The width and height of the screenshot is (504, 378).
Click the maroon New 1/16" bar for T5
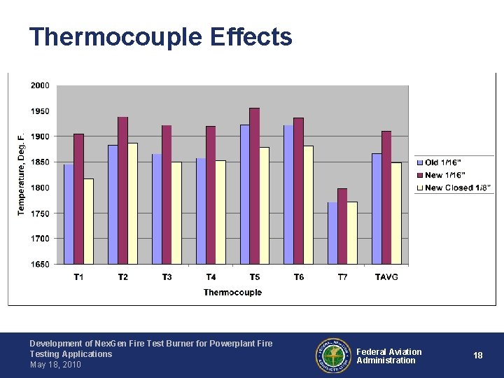[x=255, y=186]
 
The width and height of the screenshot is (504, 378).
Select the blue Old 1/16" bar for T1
[x=69, y=214]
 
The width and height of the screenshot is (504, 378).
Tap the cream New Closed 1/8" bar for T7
[x=352, y=233]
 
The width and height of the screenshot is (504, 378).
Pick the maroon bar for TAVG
[x=386, y=197]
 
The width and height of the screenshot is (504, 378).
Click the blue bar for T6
[x=288, y=195]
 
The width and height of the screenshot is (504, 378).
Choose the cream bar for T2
[x=132, y=204]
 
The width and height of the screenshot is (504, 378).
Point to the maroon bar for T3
[x=167, y=195]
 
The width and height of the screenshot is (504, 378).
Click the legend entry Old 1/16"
[x=439, y=162]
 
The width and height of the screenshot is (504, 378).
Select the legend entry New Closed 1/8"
[x=454, y=188]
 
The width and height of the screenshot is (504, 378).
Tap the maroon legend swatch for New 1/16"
[x=420, y=175]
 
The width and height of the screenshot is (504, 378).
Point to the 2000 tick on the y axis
[x=40, y=85]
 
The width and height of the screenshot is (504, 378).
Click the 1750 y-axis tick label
[x=40, y=213]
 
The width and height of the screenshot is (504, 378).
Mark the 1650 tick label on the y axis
[x=40, y=264]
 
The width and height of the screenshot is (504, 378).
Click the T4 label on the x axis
[x=211, y=276]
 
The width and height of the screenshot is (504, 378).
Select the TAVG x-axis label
[x=386, y=276]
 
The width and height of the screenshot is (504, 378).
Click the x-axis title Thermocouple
[x=232, y=292]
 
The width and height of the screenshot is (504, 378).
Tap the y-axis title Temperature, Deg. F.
[x=21, y=175]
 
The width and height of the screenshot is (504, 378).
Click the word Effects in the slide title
[x=251, y=36]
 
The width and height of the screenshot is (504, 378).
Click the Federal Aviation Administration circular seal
[x=333, y=356]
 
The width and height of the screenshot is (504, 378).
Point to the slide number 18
[x=477, y=355]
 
